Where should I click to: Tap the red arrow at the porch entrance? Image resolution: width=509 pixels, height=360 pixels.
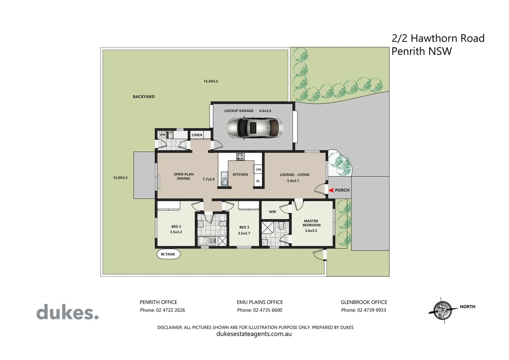331,190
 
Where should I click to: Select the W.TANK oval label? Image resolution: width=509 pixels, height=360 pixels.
168,254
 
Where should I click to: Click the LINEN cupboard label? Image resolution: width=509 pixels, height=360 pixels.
197,135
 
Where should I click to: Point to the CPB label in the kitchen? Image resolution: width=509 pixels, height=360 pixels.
258,170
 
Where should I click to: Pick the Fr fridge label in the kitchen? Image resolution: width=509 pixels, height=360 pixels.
258,181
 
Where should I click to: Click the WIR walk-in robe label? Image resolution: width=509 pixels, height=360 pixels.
272,212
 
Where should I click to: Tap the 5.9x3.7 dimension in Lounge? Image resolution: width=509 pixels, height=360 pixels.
293,181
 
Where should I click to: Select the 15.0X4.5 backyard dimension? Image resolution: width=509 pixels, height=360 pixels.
211,81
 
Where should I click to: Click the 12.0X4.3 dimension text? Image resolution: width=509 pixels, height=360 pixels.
120,178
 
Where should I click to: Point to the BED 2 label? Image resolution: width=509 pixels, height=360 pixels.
176,227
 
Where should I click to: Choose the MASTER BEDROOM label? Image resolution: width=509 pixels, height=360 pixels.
311,223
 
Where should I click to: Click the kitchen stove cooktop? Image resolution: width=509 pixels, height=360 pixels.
240,157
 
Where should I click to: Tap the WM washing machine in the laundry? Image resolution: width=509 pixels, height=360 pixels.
162,135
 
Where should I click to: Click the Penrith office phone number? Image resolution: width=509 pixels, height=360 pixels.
162,310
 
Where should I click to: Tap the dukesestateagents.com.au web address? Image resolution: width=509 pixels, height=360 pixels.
254,334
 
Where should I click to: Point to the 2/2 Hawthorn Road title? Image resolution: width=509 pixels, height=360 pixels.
438,38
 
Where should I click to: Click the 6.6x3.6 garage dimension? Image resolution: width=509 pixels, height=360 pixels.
265,111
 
